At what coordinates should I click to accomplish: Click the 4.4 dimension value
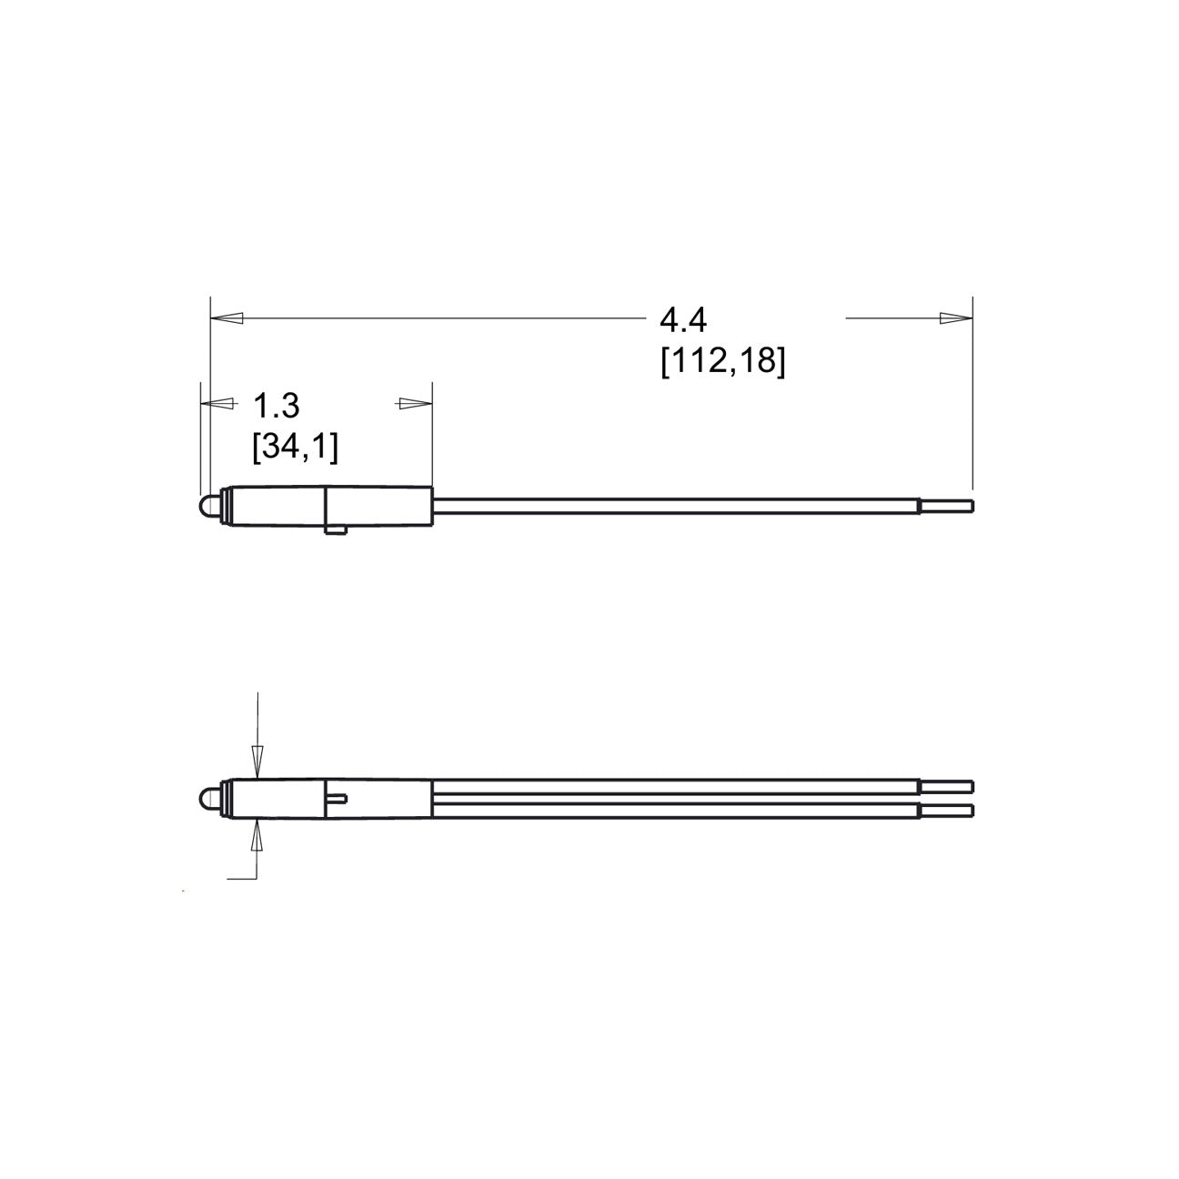[683, 320]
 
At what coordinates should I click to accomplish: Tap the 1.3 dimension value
[276, 406]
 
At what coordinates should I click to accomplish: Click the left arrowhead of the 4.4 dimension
[227, 318]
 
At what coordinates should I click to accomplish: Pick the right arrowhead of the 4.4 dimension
[956, 318]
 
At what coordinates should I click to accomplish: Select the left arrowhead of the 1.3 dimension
[217, 404]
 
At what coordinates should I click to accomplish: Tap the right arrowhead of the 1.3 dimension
[416, 404]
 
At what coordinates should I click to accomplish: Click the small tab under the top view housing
[338, 530]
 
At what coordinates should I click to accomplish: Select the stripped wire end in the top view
[946, 507]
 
